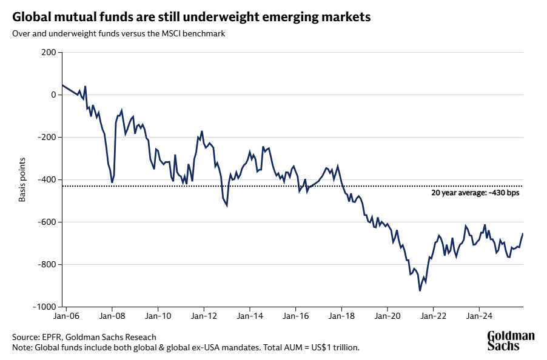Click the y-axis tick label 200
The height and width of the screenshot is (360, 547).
(x=49, y=53)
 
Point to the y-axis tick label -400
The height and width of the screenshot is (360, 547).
(x=46, y=180)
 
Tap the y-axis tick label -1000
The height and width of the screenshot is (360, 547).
(x=44, y=307)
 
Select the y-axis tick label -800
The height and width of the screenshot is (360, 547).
(x=46, y=265)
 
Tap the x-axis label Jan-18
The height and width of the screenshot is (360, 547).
(x=341, y=316)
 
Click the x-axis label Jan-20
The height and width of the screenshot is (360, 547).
(x=388, y=316)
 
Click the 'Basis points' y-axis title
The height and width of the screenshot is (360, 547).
(x=22, y=179)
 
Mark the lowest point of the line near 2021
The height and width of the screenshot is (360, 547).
(x=420, y=291)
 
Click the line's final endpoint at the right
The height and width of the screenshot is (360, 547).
(x=523, y=234)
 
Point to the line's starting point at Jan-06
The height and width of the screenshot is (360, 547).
(x=62, y=85)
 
